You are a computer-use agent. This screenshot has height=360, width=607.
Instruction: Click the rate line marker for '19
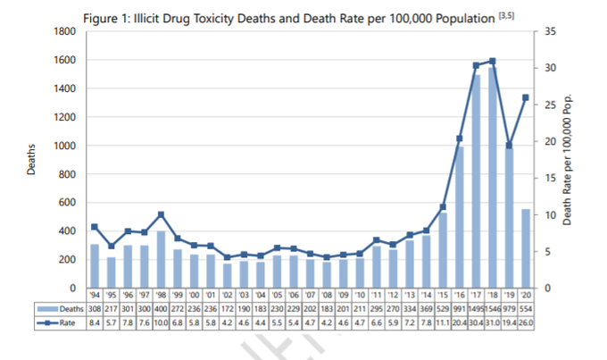point(508,145)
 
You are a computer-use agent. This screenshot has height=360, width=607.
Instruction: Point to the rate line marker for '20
point(525,97)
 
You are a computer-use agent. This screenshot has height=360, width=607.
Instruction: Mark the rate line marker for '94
point(95,227)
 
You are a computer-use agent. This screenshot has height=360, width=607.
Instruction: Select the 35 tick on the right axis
point(549,32)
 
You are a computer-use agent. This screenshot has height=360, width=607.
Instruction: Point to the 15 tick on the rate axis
point(549,179)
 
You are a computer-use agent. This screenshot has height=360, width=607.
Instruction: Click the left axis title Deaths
point(31,159)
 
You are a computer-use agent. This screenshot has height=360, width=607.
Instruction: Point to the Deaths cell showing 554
point(525,306)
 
